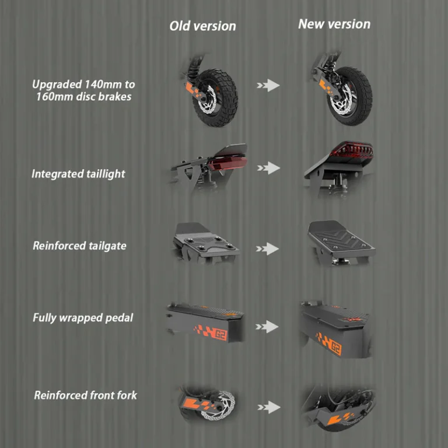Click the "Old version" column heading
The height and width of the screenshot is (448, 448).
[x=202, y=26]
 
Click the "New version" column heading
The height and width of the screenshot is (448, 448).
[x=334, y=24]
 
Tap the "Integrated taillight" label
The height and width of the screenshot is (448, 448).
[x=78, y=173]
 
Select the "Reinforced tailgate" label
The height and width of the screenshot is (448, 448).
[x=79, y=246]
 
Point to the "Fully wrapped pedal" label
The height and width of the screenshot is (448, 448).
[x=83, y=318]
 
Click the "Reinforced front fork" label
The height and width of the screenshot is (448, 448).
[x=86, y=395]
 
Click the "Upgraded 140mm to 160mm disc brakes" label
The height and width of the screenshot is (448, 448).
[x=83, y=90]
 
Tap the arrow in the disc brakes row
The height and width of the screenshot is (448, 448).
[x=268, y=85]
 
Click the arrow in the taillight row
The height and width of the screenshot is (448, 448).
[x=268, y=168]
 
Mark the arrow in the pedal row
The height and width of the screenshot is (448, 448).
[x=268, y=327]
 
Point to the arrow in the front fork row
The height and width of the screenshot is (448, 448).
[x=268, y=407]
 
